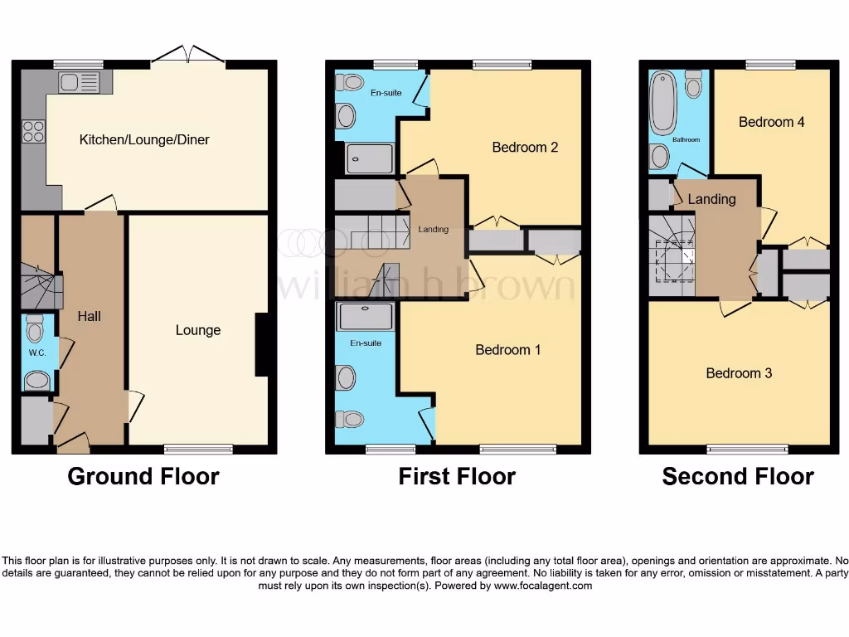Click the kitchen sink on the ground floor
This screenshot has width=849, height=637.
[x=80, y=81]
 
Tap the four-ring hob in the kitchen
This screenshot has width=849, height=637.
[x=33, y=132]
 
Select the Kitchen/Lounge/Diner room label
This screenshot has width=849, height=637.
[x=144, y=139]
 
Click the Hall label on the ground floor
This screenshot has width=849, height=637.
[x=89, y=316]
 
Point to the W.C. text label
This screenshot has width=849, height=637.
[x=36, y=353]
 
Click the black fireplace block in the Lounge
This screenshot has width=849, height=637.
[x=262, y=345]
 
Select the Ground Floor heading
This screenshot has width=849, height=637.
[x=143, y=476]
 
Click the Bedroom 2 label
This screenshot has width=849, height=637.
[x=525, y=147]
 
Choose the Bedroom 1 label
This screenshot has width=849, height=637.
[x=507, y=349]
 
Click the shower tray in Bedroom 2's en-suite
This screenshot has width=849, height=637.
[x=369, y=158]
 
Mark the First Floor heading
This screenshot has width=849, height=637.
[x=457, y=476]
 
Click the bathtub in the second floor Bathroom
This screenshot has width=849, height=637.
[x=664, y=102]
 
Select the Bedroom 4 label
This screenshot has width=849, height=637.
[x=771, y=122]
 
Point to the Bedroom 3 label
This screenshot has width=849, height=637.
[x=739, y=373]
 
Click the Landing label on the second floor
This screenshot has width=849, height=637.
[x=711, y=199]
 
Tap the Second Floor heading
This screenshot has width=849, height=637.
[x=737, y=476]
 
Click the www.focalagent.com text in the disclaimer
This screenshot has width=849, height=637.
[x=543, y=586]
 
